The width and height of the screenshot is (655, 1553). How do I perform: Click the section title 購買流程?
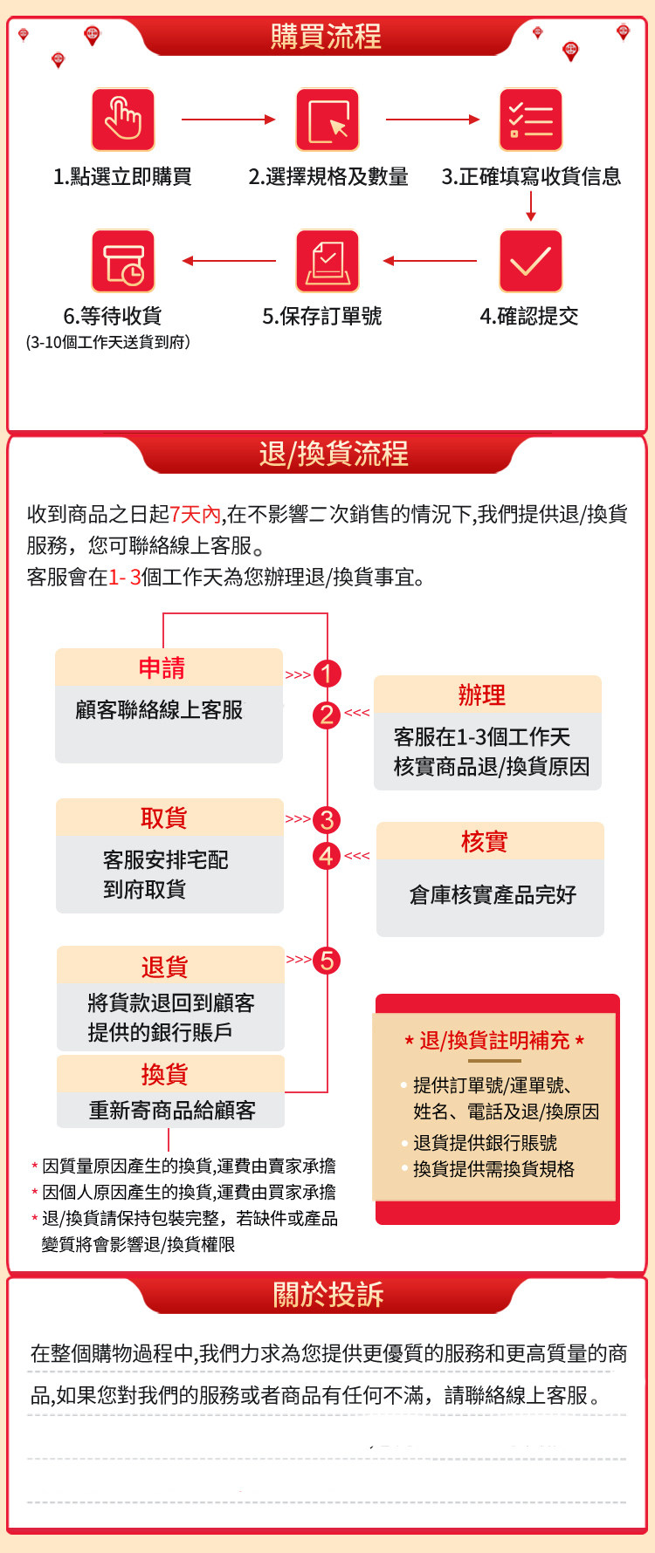tap(326, 37)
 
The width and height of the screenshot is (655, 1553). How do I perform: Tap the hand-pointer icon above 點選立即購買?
tap(123, 120)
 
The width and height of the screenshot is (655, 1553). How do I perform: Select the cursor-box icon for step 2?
tap(327, 120)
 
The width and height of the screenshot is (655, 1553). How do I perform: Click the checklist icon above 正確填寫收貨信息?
tap(531, 120)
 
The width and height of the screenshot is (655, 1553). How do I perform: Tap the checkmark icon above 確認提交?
tap(531, 261)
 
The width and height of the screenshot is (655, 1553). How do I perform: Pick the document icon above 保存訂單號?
tap(327, 261)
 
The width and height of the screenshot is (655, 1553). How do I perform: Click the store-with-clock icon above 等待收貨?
tap(123, 261)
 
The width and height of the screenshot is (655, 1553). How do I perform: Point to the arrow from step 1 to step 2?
tap(228, 120)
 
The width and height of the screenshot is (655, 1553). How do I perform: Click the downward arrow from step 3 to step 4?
tap(531, 205)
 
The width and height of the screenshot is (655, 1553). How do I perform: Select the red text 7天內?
tap(196, 514)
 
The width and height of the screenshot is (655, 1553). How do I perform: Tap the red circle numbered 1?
tap(327, 674)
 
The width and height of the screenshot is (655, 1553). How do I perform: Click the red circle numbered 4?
tap(327, 856)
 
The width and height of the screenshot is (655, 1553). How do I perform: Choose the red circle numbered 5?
tap(327, 961)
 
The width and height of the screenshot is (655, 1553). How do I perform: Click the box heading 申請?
tap(162, 668)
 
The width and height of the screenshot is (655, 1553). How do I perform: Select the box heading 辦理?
tap(482, 695)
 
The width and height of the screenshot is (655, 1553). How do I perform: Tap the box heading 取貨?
tap(164, 818)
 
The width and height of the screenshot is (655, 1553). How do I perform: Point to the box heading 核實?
tap(485, 842)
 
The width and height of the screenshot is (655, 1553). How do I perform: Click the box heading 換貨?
tap(165, 1074)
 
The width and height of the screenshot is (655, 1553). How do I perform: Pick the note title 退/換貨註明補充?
tap(494, 1040)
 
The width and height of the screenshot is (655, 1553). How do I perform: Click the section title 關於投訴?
tap(328, 1295)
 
